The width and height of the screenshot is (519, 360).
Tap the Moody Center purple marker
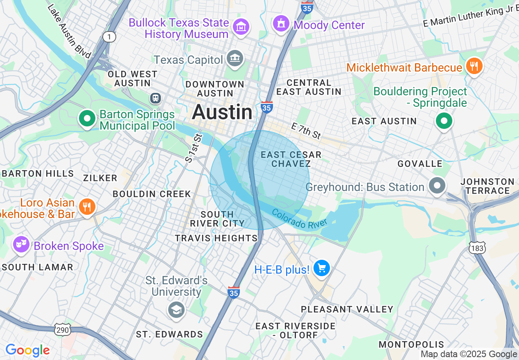[281, 24]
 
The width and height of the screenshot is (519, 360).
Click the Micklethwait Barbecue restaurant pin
[474, 66]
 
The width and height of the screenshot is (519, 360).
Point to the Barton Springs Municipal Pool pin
[87, 119]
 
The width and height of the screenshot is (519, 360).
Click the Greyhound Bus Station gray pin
[437, 186]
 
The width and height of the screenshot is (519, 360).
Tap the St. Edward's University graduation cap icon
[176, 310]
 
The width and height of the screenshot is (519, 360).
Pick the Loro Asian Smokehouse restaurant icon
[86, 207]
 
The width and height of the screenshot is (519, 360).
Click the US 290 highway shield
[62, 329]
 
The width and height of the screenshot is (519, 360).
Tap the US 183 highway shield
[478, 248]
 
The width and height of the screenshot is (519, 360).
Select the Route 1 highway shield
[109, 37]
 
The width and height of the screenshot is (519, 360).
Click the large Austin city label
[222, 112]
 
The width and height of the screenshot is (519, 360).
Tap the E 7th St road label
[306, 131]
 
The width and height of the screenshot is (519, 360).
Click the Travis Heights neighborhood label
[216, 238]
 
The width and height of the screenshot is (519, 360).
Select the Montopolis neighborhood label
[411, 344]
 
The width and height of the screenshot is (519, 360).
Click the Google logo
[28, 351]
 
